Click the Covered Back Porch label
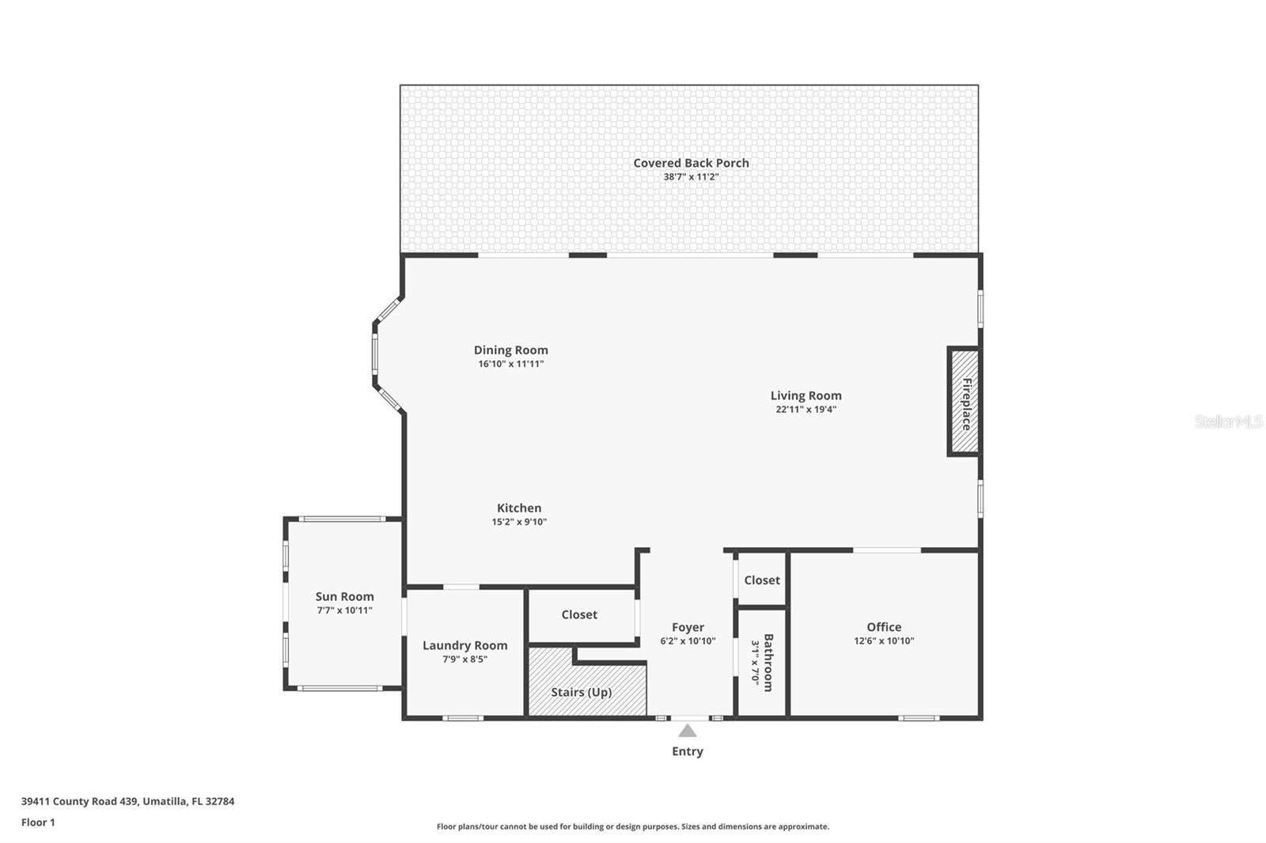[x=691, y=163]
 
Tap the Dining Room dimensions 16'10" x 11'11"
[x=511, y=364]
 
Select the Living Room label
[x=806, y=395]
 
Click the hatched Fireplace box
[x=965, y=402]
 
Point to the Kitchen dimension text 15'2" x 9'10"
[x=519, y=522]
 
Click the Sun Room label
[x=344, y=596]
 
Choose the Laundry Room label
[x=464, y=645]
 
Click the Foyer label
[x=688, y=627]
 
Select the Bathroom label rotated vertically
[x=768, y=662]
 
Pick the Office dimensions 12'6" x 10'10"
[x=884, y=641]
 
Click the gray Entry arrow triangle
[x=688, y=731]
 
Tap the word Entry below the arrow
[x=688, y=751]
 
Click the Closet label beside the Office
[x=762, y=580]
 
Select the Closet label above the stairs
[x=579, y=614]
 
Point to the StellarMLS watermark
[x=1229, y=421]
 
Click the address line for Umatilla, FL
[x=127, y=801]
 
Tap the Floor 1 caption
[x=38, y=822]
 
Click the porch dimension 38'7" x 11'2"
[x=691, y=177]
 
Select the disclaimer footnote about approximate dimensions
[x=633, y=826]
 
